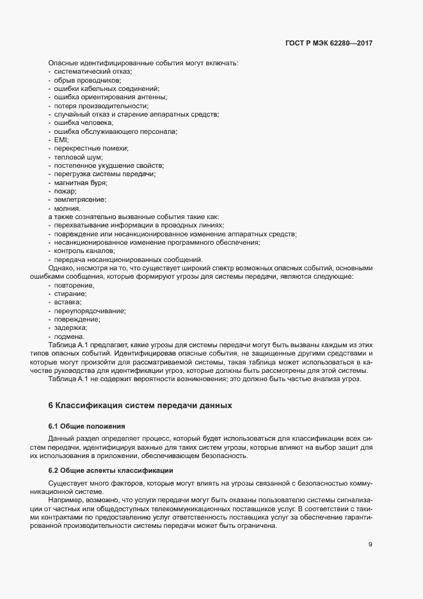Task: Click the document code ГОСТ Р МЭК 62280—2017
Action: (328, 43)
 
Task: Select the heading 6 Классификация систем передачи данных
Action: (136, 406)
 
